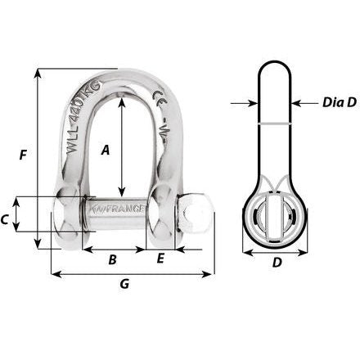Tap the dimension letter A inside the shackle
tap(105, 149)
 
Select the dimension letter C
tap(7, 219)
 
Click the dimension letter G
tap(124, 285)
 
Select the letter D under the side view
tap(277, 263)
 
